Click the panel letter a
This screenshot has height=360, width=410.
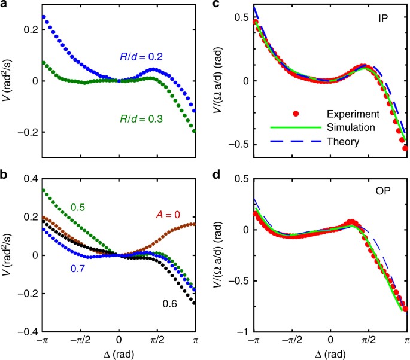point(5,5)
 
